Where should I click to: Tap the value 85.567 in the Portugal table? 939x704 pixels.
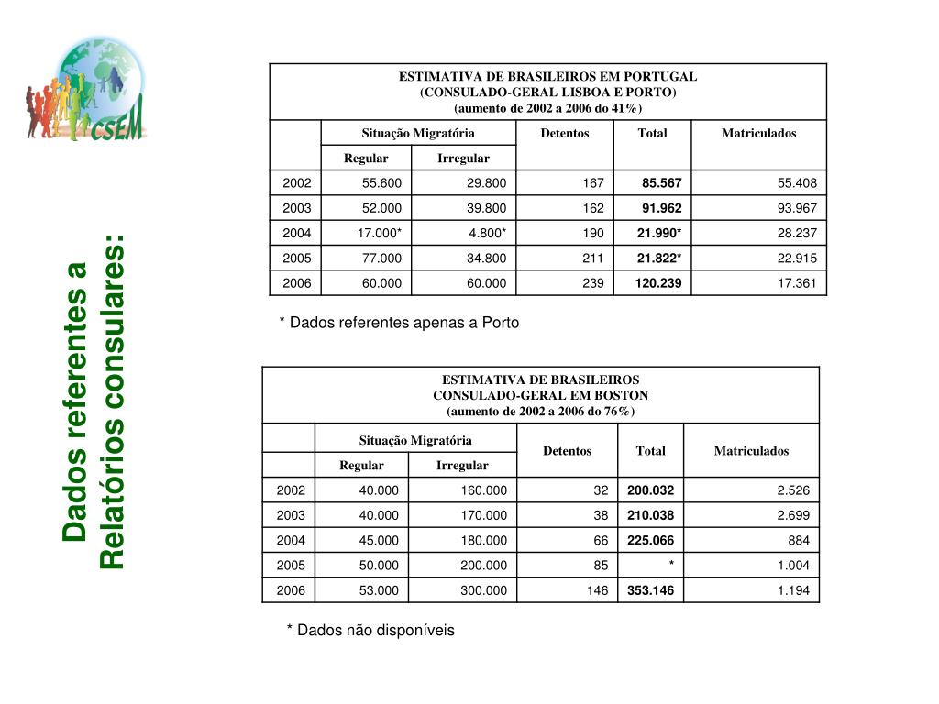pyautogui.click(x=661, y=183)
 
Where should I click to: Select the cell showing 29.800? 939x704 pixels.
pyautogui.click(x=486, y=183)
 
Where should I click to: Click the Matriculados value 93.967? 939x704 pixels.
pyautogui.click(x=797, y=208)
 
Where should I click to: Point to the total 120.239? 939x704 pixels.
pyautogui.click(x=658, y=283)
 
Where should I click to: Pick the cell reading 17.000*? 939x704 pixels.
pyautogui.click(x=380, y=233)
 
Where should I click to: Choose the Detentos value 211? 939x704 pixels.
pyautogui.click(x=592, y=258)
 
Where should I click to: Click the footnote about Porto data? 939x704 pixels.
pyautogui.click(x=399, y=323)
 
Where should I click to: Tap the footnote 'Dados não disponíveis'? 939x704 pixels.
pyautogui.click(x=370, y=630)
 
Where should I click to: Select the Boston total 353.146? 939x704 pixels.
pyautogui.click(x=650, y=590)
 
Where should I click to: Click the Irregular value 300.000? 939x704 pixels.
pyautogui.click(x=483, y=590)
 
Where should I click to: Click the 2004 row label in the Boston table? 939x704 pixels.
pyautogui.click(x=291, y=541)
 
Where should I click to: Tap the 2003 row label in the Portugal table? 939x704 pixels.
pyautogui.click(x=297, y=208)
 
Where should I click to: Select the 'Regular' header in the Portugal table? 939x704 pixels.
pyautogui.click(x=366, y=159)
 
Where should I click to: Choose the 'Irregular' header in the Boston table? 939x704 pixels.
pyautogui.click(x=462, y=466)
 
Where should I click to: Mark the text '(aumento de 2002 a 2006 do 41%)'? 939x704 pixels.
pyautogui.click(x=547, y=108)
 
